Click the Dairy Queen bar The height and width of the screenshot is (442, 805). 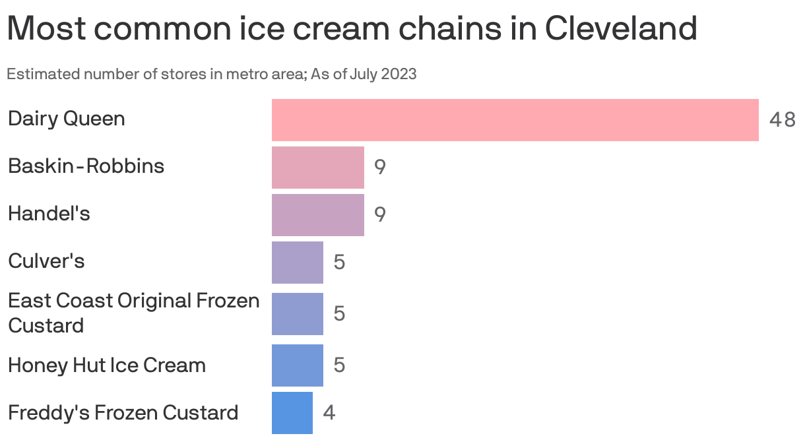[x=515, y=119]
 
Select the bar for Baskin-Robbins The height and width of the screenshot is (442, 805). [x=317, y=167]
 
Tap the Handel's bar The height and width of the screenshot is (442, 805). [x=317, y=214]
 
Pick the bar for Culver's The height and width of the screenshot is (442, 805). [x=297, y=262]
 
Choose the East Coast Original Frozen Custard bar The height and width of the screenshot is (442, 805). [x=297, y=313]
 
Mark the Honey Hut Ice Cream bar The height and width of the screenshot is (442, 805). [x=297, y=365]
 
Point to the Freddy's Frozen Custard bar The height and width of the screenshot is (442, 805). [x=292, y=413]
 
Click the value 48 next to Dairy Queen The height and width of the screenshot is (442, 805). [x=782, y=120]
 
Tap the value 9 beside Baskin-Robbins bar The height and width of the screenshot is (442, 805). [x=380, y=167]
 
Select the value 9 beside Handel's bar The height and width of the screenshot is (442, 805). [x=380, y=214]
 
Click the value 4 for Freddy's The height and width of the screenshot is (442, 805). [x=329, y=413]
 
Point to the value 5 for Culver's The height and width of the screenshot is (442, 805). [x=339, y=263]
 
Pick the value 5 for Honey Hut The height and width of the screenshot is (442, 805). [x=339, y=365]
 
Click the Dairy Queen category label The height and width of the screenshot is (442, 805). [x=66, y=119]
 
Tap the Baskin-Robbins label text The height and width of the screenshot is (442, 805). [x=86, y=166]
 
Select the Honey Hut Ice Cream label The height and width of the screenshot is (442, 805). [x=106, y=365]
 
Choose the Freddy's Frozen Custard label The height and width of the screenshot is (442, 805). [x=123, y=412]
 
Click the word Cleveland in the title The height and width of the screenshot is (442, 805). [x=621, y=28]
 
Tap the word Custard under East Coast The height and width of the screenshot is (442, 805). [x=46, y=325]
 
